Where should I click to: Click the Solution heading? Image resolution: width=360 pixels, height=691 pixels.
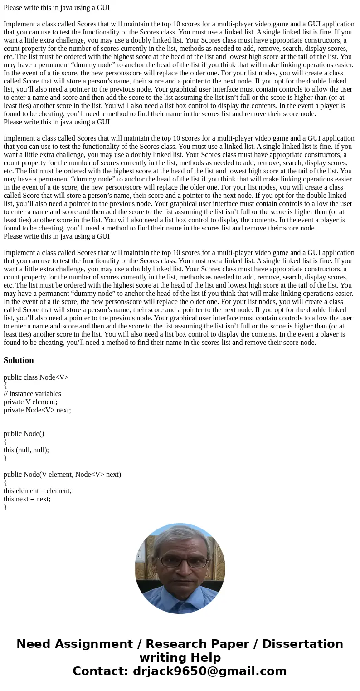point(19,360)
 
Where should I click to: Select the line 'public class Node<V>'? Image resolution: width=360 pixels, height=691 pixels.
point(36,377)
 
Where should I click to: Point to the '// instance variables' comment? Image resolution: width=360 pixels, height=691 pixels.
point(32,394)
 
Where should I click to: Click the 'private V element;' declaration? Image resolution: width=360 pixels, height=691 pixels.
point(30,402)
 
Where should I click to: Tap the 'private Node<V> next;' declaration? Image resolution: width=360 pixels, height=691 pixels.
point(37,410)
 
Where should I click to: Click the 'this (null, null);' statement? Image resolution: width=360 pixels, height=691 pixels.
point(26,450)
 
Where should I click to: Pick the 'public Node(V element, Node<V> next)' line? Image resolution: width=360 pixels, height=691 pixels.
point(62,475)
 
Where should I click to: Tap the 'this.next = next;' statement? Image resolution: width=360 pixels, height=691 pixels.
point(27,499)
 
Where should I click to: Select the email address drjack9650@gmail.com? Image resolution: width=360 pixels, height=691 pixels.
point(209,671)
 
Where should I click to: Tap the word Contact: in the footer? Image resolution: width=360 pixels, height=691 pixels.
point(99,671)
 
